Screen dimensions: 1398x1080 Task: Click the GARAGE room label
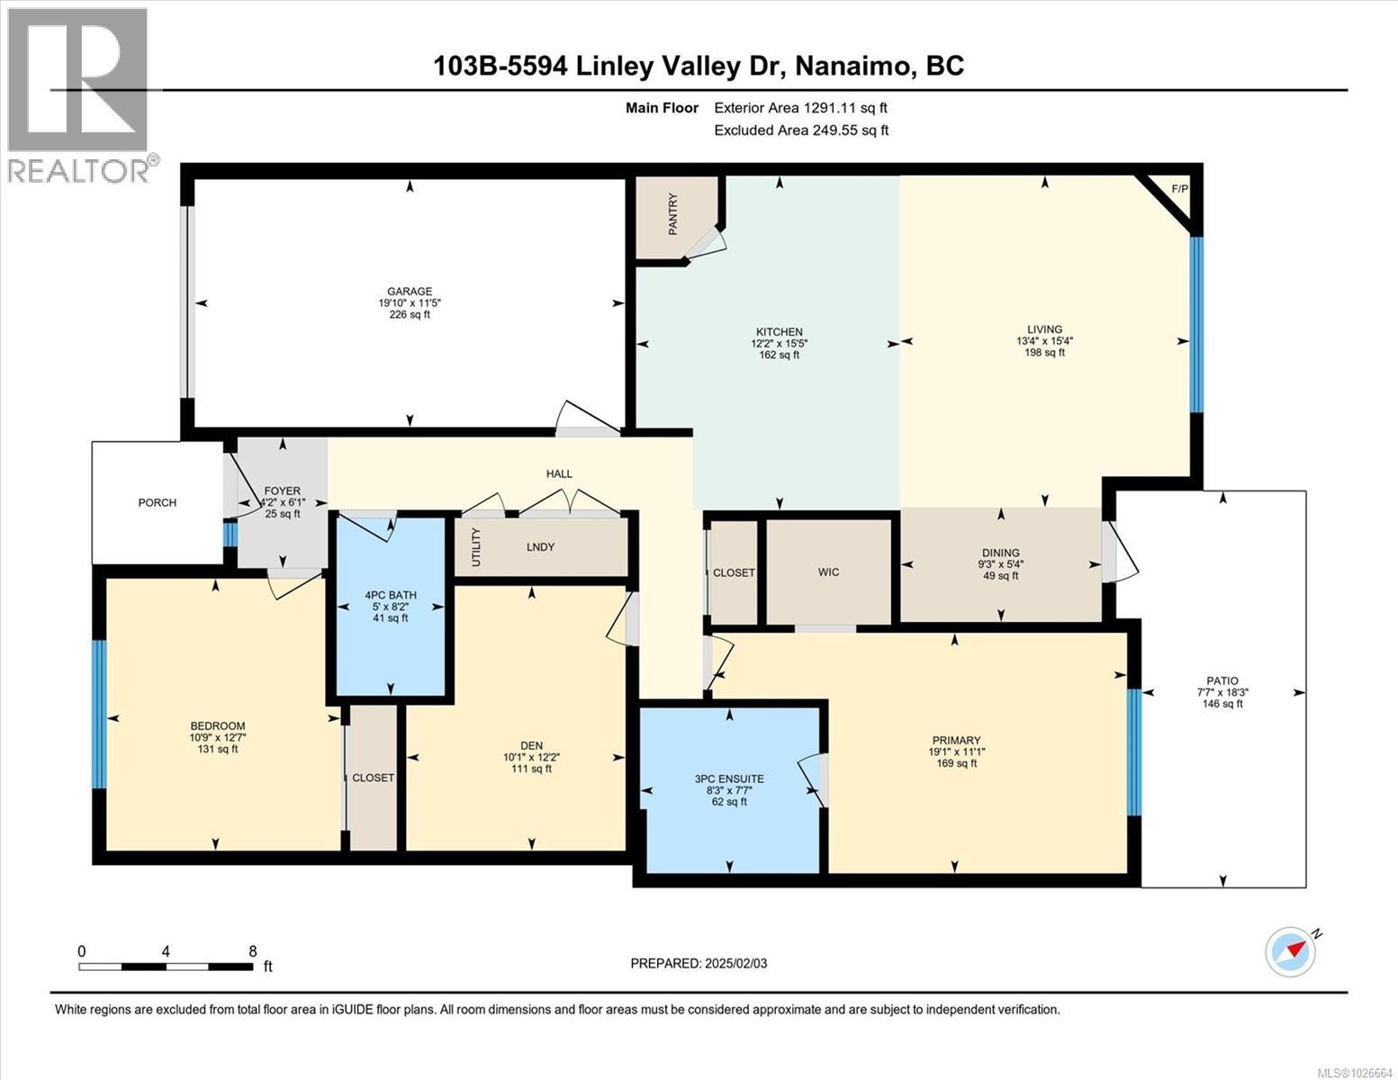pos(410,292)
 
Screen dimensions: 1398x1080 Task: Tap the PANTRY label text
pos(673,213)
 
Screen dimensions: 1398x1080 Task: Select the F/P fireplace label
pos(1179,189)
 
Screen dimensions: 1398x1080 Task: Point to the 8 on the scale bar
pos(253,951)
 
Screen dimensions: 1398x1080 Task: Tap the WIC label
pos(828,571)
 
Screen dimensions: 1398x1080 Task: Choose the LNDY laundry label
pos(540,547)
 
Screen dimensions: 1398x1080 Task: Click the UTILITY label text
pos(476,547)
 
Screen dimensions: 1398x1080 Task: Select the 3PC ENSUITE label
pos(729,778)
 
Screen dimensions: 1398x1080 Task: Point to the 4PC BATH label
pos(391,595)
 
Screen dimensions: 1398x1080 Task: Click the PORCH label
pos(157,502)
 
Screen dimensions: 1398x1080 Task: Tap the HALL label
pos(559,473)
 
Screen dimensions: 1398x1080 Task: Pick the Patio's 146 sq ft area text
pos(1222,704)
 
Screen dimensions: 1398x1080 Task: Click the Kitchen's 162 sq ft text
pos(779,355)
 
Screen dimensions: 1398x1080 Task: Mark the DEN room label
pos(531,745)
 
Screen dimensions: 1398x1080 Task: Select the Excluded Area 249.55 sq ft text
pos(801,130)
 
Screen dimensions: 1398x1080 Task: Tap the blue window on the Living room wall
pos(1196,325)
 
